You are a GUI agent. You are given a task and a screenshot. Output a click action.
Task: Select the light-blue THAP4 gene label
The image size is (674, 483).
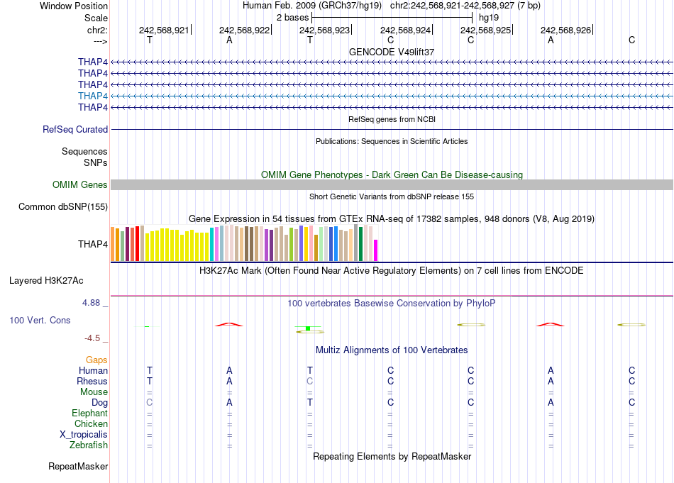[x=93, y=96]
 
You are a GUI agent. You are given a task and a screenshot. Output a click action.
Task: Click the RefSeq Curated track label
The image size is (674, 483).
[x=75, y=130]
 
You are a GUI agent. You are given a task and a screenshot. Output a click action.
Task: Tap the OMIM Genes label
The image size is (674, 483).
[x=80, y=185]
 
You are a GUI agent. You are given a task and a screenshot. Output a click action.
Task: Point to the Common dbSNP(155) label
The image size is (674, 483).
[x=63, y=207]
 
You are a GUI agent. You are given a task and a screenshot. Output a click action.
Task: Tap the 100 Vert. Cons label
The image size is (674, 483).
[x=40, y=321]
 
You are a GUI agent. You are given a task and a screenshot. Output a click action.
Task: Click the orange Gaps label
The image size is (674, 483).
[x=96, y=360]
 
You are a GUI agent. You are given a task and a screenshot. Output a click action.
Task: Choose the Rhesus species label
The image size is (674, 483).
[x=92, y=382]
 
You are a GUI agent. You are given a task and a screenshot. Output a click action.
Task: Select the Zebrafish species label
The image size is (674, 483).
[x=89, y=445]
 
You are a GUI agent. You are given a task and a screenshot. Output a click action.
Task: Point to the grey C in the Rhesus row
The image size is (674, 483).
[x=309, y=382]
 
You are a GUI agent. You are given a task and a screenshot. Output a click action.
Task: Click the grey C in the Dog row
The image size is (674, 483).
[x=149, y=403]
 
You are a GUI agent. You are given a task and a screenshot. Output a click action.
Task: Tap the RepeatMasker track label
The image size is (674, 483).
[x=78, y=467]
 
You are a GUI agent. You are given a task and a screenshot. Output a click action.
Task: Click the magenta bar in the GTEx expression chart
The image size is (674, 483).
[x=376, y=250]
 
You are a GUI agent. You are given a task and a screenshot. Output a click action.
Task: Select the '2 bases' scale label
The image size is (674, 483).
[x=291, y=17]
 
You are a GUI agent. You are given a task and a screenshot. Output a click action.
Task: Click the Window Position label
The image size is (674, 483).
[x=74, y=6]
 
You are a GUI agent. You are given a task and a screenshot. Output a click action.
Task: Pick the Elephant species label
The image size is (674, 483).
[x=89, y=413]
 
